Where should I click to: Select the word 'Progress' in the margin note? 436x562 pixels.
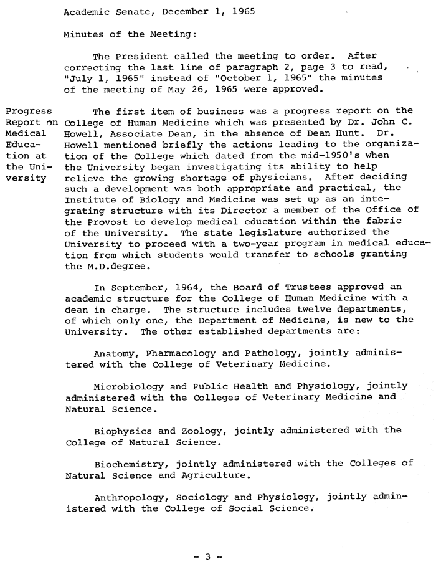[29, 112]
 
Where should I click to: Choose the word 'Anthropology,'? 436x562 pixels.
[134, 497]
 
